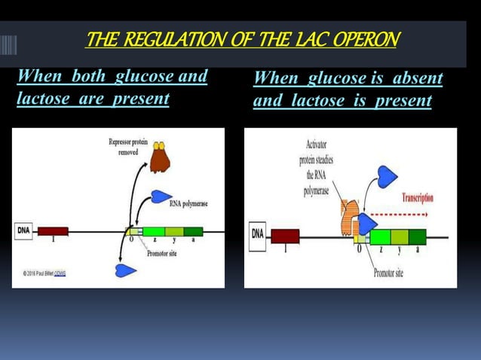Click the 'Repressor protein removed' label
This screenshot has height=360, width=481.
(x=128, y=147)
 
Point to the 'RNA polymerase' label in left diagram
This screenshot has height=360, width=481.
(x=188, y=203)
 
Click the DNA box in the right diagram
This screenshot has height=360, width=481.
(x=258, y=235)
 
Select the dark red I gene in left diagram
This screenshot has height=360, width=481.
(x=53, y=231)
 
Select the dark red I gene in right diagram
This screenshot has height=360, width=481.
(x=285, y=236)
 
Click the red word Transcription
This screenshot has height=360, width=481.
(x=417, y=197)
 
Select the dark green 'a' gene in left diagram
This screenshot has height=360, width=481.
(x=193, y=231)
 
